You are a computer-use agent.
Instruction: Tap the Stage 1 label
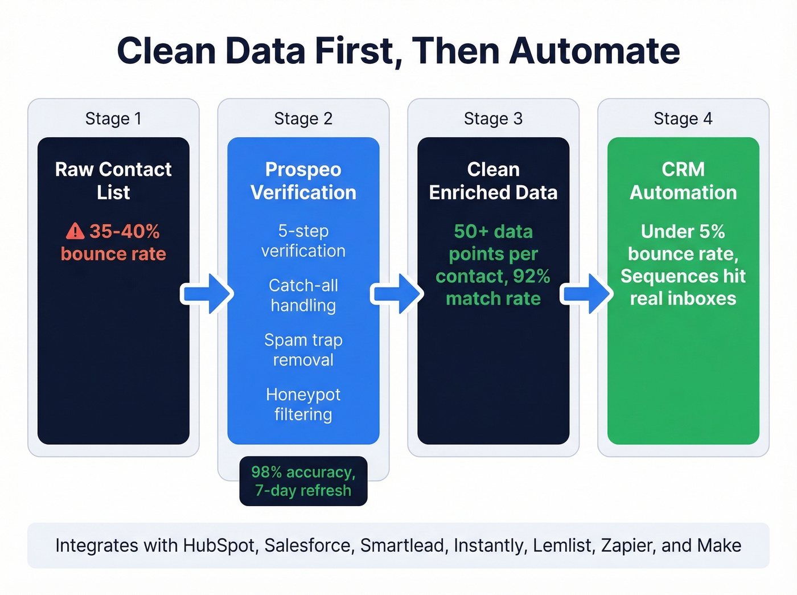pyautogui.click(x=113, y=118)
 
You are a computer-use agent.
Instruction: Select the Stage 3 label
pyautogui.click(x=493, y=118)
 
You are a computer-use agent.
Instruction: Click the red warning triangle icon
pyautogui.click(x=75, y=231)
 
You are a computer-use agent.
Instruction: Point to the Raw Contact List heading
pyautogui.click(x=113, y=180)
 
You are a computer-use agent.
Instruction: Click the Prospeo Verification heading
pyautogui.click(x=303, y=180)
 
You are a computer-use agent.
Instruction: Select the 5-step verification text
pyautogui.click(x=303, y=241)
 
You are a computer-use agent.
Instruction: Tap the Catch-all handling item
pyautogui.click(x=303, y=295)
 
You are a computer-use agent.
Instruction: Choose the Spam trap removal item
pyautogui.click(x=303, y=350)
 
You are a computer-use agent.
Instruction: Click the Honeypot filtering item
pyautogui.click(x=303, y=404)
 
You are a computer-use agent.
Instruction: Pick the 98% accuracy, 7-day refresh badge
pyautogui.click(x=303, y=481)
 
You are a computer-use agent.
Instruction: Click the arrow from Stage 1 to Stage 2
pyautogui.click(x=207, y=294)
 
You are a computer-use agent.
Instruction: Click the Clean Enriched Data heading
pyautogui.click(x=493, y=180)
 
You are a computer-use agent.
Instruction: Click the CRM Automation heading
pyautogui.click(x=683, y=180)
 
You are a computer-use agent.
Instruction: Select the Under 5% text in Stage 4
pyautogui.click(x=683, y=231)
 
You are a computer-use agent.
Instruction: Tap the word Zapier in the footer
pyautogui.click(x=626, y=545)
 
